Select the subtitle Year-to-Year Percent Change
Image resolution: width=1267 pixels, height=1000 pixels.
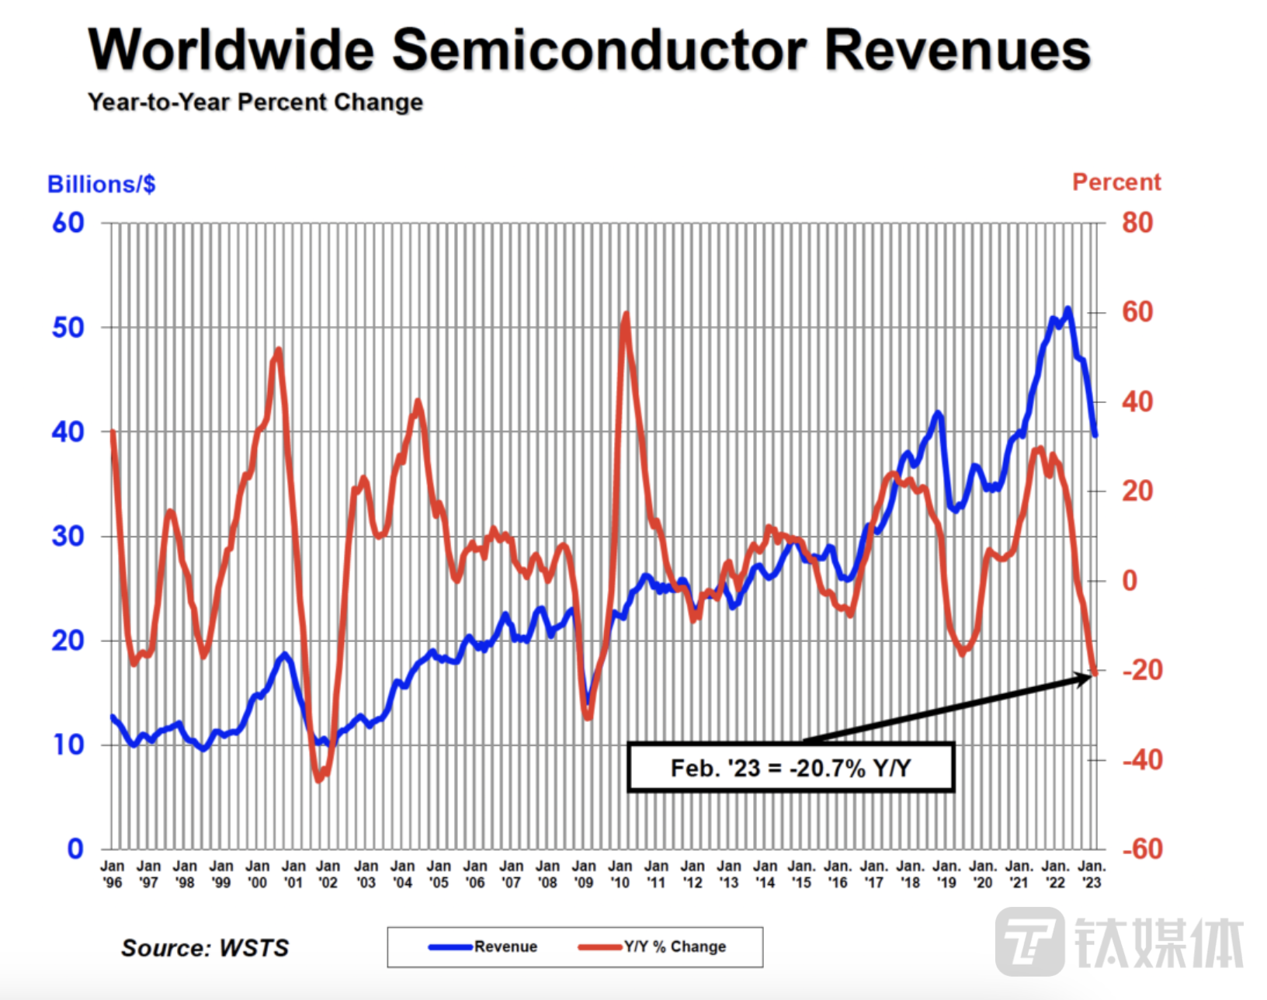click(x=255, y=102)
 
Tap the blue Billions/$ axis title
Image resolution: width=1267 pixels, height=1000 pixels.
click(x=101, y=185)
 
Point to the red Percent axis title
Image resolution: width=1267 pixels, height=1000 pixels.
click(x=1116, y=182)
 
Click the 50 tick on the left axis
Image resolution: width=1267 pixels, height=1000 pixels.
click(x=68, y=328)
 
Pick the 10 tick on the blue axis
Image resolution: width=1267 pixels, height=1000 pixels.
click(x=68, y=745)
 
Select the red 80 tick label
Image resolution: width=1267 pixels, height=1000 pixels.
click(x=1137, y=224)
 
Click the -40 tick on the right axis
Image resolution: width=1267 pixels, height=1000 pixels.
click(x=1142, y=759)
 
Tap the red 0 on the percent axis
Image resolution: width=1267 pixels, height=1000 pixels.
click(x=1130, y=581)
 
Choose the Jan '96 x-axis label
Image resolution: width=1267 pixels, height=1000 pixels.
click(x=113, y=874)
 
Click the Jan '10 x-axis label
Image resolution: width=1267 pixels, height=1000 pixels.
click(x=620, y=874)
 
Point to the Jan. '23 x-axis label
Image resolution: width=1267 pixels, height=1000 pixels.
click(x=1092, y=874)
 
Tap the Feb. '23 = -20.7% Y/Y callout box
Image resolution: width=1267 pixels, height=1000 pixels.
click(x=790, y=768)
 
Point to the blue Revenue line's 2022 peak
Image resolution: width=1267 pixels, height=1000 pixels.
click(x=1067, y=309)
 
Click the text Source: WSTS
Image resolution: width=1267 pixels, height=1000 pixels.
click(x=205, y=948)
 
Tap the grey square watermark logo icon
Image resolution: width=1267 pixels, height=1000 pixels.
click(x=1029, y=941)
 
